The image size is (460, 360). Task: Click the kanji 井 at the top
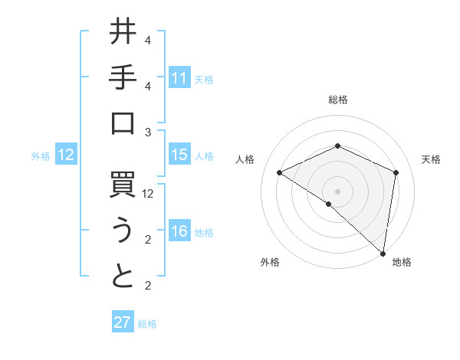point(123,33)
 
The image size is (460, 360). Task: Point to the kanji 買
point(123,186)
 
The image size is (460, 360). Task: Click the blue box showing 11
point(179,77)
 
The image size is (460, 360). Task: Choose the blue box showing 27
point(123,322)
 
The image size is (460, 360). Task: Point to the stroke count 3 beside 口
point(148,133)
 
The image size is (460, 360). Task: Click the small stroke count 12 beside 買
point(148,194)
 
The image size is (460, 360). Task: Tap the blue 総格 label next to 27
point(148,324)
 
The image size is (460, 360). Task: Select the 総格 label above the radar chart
point(337,100)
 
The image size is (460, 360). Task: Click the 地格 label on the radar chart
point(402,262)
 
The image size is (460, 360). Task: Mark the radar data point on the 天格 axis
point(396,172)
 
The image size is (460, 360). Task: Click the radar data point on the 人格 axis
point(280,172)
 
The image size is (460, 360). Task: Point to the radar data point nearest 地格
point(383,252)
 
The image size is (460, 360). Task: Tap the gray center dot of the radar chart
point(337,191)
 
